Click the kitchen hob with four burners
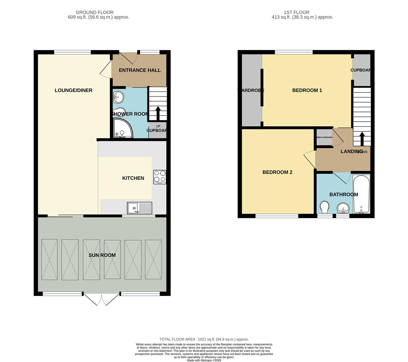[160, 177]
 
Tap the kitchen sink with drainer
[139, 208]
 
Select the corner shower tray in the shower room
[122, 129]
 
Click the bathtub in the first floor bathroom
[361, 194]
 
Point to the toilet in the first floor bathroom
[324, 207]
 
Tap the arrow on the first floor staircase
[362, 138]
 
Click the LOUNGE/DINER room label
[73, 90]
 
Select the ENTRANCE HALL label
[140, 70]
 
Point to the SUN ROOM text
[102, 255]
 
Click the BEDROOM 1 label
[307, 90]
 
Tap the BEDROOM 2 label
[277, 172]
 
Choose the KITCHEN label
[133, 178]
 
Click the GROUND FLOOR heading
[94, 12]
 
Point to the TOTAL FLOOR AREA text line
[204, 339]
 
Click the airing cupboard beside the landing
[324, 137]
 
